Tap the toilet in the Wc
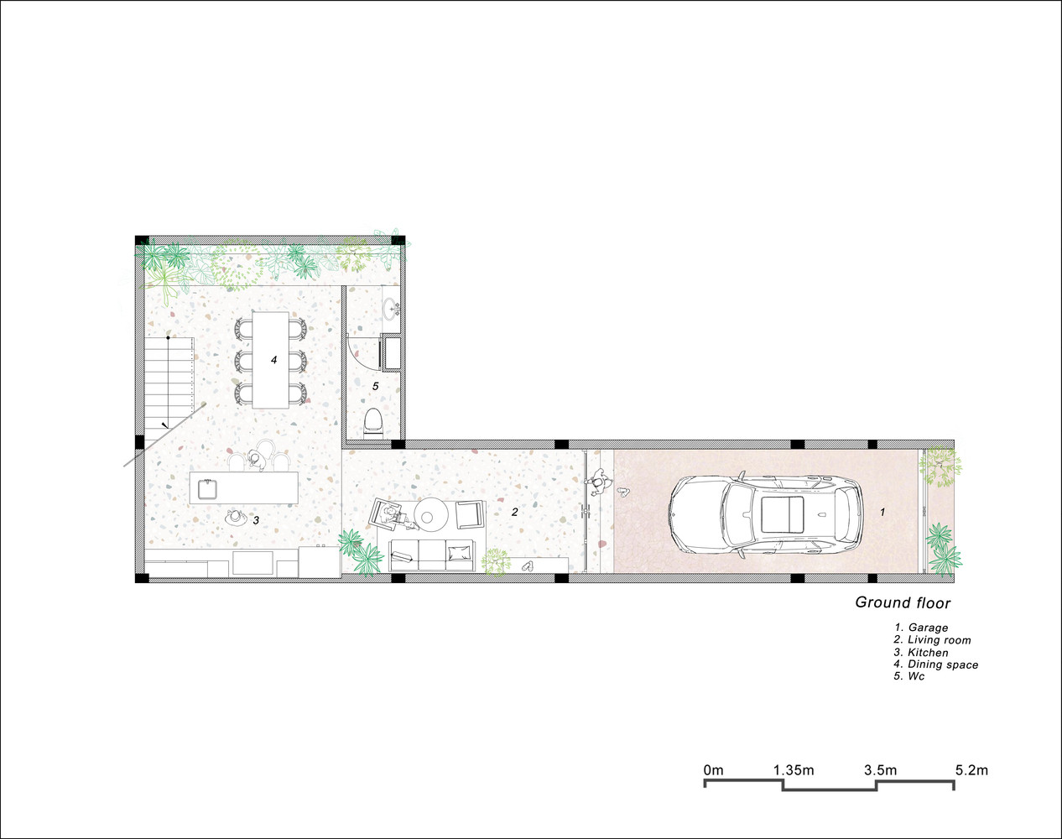coord(372,424)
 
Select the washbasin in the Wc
coord(393,310)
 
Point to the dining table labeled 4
coord(270,359)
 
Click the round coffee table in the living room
coord(430,515)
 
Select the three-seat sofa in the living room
coord(432,555)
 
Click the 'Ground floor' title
coord(903,602)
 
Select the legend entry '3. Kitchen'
coord(921,652)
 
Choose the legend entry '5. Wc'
coord(909,676)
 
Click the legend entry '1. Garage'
coord(921,628)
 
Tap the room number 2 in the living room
coord(514,512)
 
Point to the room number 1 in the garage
coord(882,513)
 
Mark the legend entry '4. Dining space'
coord(936,664)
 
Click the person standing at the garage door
coord(597,482)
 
